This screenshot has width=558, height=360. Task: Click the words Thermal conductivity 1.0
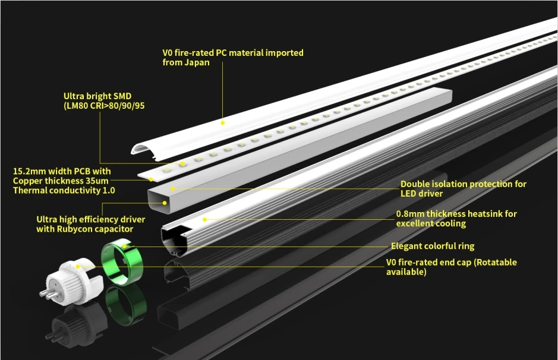64,191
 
